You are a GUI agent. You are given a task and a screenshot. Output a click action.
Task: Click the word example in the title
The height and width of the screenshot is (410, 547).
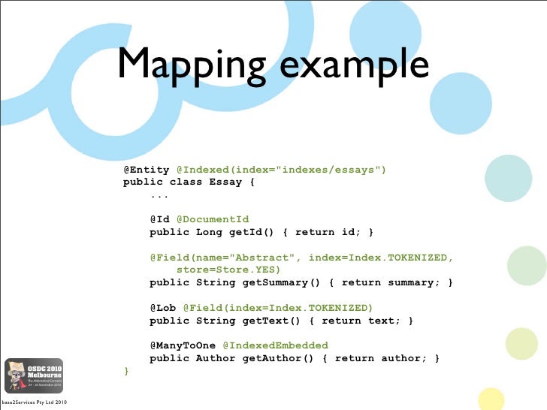click(354, 65)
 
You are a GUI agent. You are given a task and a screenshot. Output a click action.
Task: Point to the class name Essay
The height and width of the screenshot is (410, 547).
click(226, 182)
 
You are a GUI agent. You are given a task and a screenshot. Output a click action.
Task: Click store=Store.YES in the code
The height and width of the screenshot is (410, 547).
click(228, 270)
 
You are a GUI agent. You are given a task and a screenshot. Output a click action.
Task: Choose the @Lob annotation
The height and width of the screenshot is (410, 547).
click(163, 308)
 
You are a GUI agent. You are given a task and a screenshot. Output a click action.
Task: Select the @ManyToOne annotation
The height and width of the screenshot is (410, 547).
click(183, 345)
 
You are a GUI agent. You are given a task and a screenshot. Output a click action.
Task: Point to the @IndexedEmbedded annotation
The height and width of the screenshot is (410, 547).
click(276, 345)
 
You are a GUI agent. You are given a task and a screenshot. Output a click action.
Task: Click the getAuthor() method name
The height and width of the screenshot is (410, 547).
click(276, 358)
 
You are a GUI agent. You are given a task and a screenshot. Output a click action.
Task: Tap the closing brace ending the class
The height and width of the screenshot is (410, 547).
click(126, 371)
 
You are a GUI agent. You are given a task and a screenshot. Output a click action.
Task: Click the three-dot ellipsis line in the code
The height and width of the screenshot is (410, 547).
click(159, 195)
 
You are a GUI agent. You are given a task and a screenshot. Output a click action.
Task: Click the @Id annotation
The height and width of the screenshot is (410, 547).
click(159, 219)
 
